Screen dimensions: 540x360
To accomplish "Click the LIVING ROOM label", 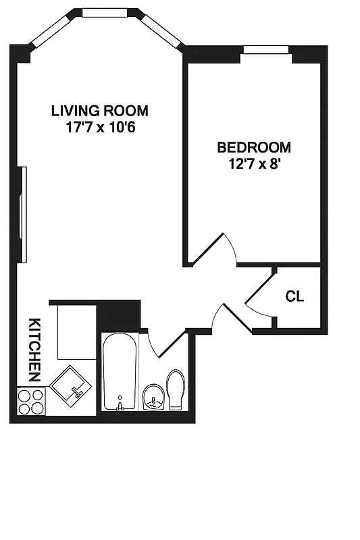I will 100,111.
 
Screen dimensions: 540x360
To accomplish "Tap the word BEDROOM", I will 253,147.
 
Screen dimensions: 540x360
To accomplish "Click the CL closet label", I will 294,296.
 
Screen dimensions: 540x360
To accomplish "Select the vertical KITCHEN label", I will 34,349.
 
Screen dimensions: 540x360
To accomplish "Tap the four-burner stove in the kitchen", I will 31,402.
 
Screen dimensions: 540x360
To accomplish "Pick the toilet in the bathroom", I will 176,389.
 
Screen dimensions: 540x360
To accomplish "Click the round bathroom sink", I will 154,397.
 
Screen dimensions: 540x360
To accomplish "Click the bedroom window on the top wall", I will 266,49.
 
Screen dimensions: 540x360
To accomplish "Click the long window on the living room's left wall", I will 24,215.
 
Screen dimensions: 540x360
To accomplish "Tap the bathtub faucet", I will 120,404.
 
